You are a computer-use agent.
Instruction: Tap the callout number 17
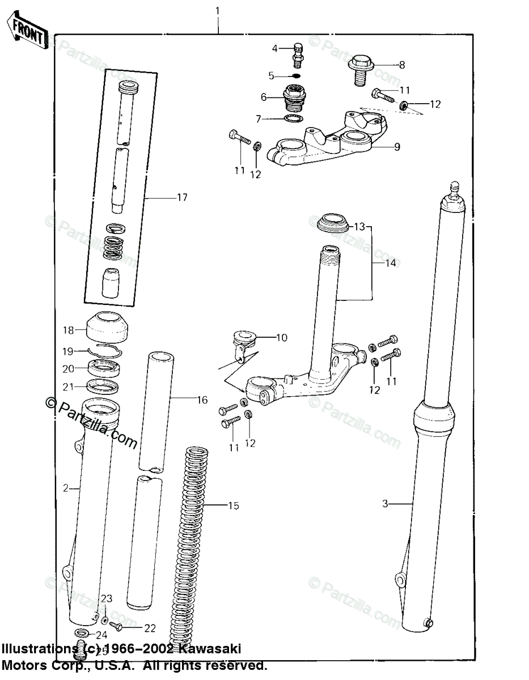[x=181, y=197]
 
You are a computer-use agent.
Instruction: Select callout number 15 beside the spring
[x=234, y=505]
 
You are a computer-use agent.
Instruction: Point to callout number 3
[x=385, y=503]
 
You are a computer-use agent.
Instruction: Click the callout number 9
[x=397, y=147]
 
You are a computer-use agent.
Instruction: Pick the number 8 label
[x=402, y=65]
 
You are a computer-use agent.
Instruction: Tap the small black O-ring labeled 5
[x=297, y=75]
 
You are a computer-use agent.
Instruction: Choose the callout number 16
[x=202, y=400]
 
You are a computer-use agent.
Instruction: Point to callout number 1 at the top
[x=218, y=11]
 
